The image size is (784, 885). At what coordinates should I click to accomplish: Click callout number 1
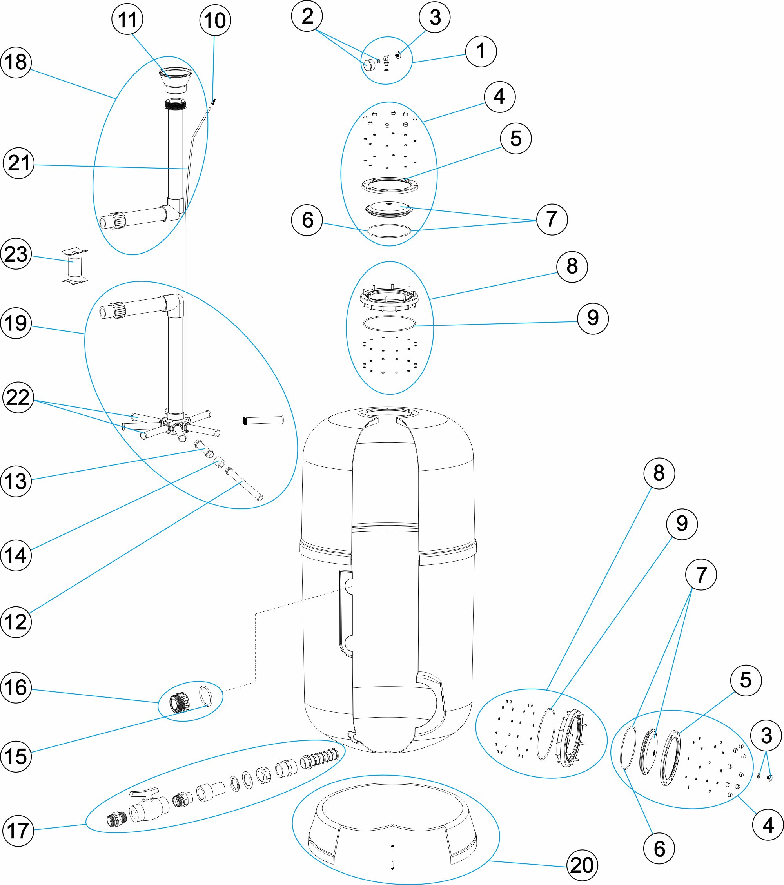[481, 51]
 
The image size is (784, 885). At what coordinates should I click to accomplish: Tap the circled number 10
[215, 20]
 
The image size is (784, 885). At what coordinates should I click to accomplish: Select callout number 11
[127, 20]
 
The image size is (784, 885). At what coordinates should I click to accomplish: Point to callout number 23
[16, 254]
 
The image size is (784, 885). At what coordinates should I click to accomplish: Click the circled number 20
[582, 865]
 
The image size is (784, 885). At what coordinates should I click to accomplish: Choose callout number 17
[18, 831]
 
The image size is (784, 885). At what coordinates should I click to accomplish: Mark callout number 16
[16, 687]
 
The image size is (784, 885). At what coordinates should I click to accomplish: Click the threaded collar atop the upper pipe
[176, 104]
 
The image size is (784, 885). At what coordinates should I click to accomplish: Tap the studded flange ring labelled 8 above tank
[389, 298]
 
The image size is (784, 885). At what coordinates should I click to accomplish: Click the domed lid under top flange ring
[388, 209]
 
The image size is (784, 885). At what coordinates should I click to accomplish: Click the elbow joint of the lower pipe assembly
[175, 302]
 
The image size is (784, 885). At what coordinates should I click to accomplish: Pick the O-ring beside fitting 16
[206, 695]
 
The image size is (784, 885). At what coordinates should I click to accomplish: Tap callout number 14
[16, 555]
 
